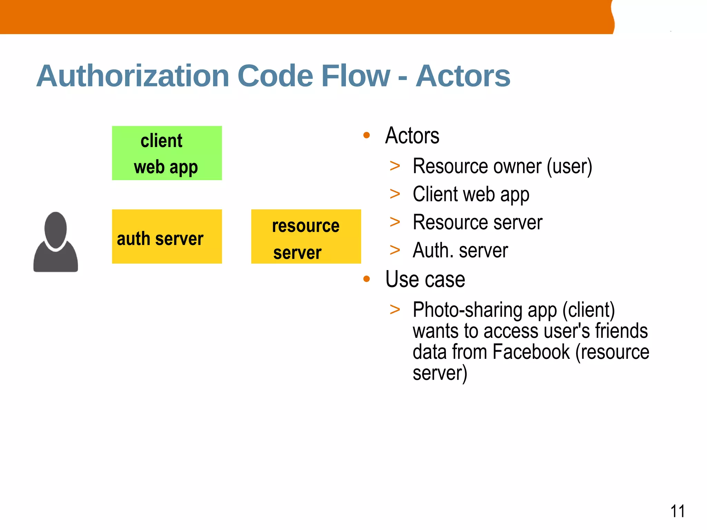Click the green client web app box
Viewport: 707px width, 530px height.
[x=167, y=153]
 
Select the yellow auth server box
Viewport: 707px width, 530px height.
[x=167, y=237]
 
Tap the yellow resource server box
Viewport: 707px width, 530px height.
[x=306, y=237]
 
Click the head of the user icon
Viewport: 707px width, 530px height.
[x=56, y=229]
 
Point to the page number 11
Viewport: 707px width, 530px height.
[x=677, y=511]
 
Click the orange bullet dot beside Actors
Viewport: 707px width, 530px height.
[x=367, y=135]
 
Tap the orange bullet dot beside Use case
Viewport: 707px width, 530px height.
[x=367, y=279]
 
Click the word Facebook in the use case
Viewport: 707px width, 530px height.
[x=531, y=352]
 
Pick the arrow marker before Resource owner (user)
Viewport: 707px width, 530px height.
[x=395, y=166]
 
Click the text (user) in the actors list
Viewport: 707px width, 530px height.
[x=570, y=167]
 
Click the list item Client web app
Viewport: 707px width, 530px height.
[x=471, y=194]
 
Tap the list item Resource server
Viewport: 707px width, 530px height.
[x=477, y=222]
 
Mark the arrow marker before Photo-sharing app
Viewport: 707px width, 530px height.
[x=395, y=310]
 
